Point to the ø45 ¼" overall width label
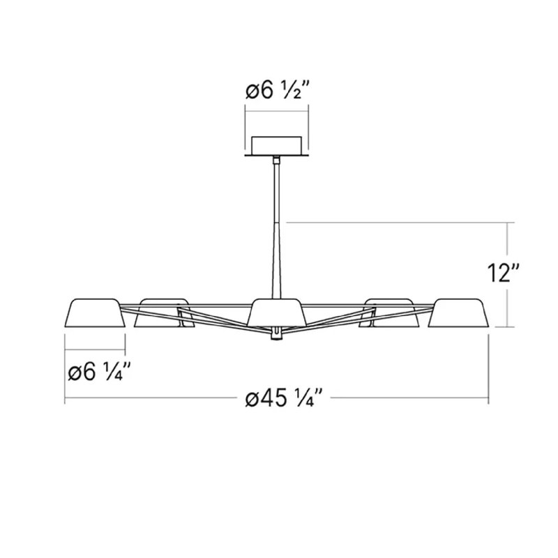pyautogui.click(x=278, y=401)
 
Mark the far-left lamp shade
pyautogui.click(x=95, y=313)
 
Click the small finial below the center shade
pyautogui.click(x=278, y=334)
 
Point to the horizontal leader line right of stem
pyautogui.click(x=398, y=223)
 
